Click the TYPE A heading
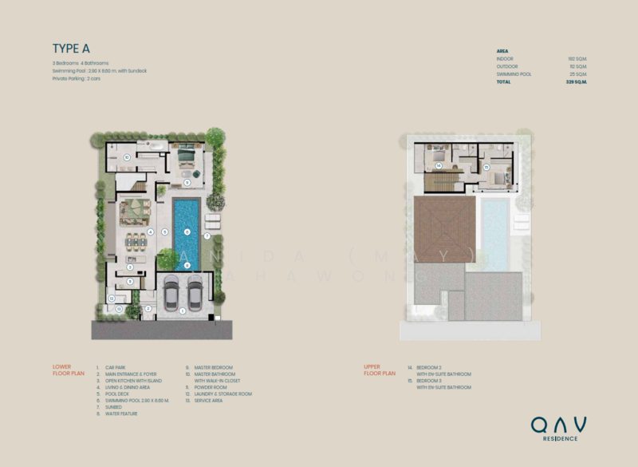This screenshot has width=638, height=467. point(71,49)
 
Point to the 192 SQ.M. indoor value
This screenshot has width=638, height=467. point(577,59)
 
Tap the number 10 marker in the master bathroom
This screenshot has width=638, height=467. point(128,158)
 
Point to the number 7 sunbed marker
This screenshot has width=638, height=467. point(207,236)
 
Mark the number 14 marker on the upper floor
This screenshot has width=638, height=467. point(439,165)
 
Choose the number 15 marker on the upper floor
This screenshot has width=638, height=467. point(486,167)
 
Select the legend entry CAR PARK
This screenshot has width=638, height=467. point(115,368)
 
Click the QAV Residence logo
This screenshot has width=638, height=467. point(559,427)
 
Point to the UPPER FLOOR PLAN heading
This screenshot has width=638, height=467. point(380,370)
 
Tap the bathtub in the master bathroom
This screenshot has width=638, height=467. point(152,147)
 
